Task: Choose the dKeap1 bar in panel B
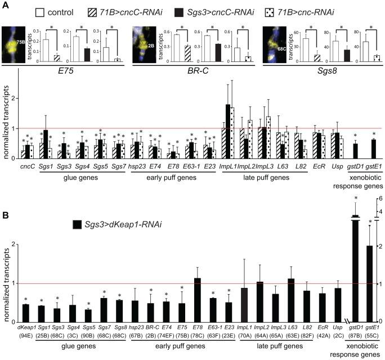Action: (26, 313)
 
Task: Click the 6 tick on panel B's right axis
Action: (380, 198)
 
